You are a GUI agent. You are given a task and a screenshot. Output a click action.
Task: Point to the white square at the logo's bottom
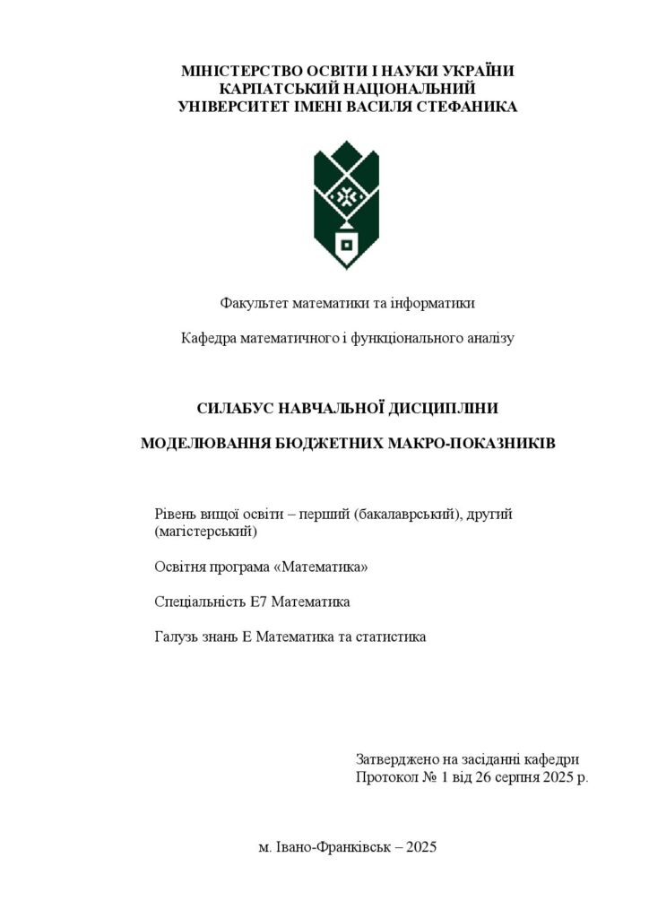pos(346,244)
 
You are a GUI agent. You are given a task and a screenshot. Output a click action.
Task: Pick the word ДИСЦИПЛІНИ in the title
pos(443,409)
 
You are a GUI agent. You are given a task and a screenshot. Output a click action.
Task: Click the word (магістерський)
pos(205,532)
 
